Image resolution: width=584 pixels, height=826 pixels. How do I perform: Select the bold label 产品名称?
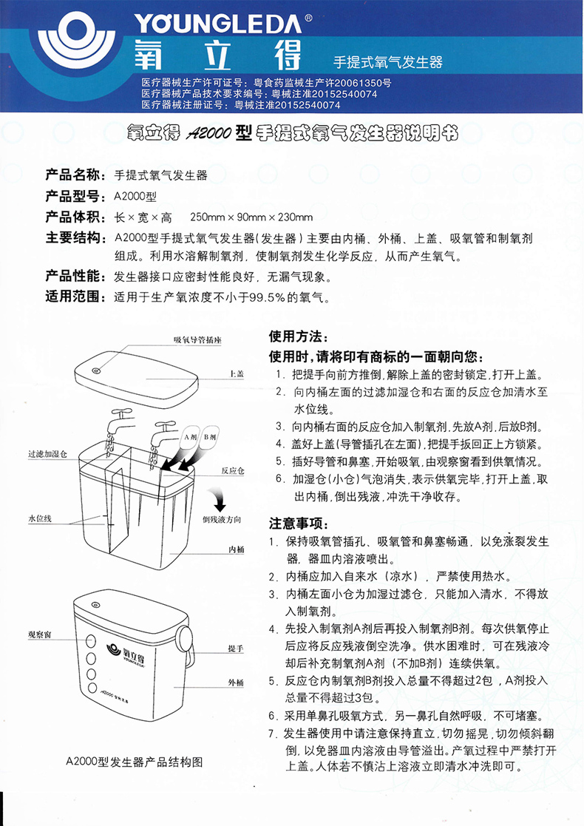[72, 176]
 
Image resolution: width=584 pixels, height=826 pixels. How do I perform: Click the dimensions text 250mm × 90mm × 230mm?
[251, 217]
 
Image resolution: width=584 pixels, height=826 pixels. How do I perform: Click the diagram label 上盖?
[237, 374]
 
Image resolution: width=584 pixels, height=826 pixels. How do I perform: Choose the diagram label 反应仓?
[231, 470]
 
